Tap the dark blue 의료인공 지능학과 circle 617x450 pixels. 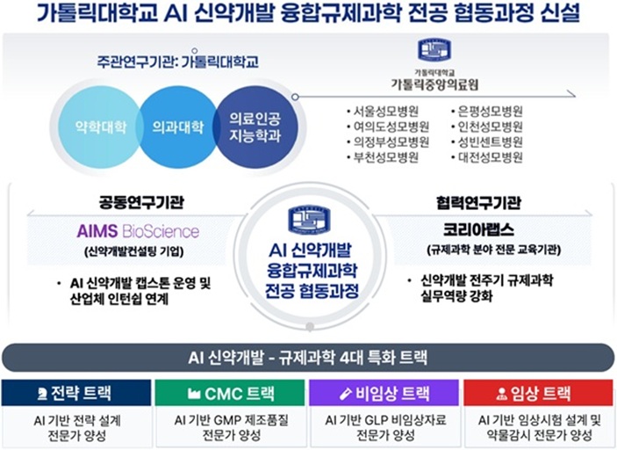[x=253, y=127]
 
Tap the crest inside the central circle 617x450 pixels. [x=309, y=219]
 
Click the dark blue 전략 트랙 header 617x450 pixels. [x=75, y=393]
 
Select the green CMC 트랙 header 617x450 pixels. [x=231, y=393]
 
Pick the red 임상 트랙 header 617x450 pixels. [x=540, y=393]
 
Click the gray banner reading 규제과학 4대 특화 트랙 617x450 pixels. [x=308, y=358]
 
